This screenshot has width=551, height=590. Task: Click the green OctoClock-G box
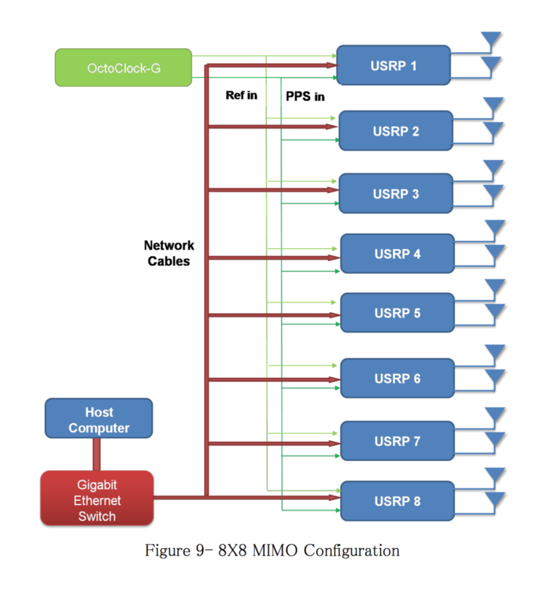[124, 68]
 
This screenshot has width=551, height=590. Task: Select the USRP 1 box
[393, 65]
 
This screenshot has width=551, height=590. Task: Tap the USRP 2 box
[395, 131]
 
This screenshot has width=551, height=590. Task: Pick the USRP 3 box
[395, 193]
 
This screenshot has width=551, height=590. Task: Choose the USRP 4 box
[397, 254]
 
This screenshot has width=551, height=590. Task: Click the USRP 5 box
[397, 313]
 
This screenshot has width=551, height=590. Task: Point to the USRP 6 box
[397, 378]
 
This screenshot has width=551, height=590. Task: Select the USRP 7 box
[397, 440]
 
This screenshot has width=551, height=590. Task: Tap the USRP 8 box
[397, 500]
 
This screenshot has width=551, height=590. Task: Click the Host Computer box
[98, 419]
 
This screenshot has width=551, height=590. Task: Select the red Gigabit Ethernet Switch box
[97, 498]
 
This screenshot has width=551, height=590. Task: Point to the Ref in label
[242, 96]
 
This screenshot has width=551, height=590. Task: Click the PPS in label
[305, 97]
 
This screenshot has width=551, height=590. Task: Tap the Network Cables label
[168, 253]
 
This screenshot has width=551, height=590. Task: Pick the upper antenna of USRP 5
[494, 288]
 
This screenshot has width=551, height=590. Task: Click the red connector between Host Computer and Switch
[97, 455]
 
